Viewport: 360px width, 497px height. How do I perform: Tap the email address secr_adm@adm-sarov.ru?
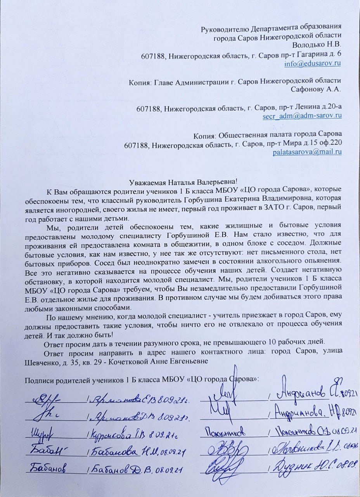pos(302,115)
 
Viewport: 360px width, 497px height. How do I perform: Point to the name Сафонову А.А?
pos(316,89)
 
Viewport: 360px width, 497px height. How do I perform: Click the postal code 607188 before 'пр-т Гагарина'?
pos(153,54)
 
